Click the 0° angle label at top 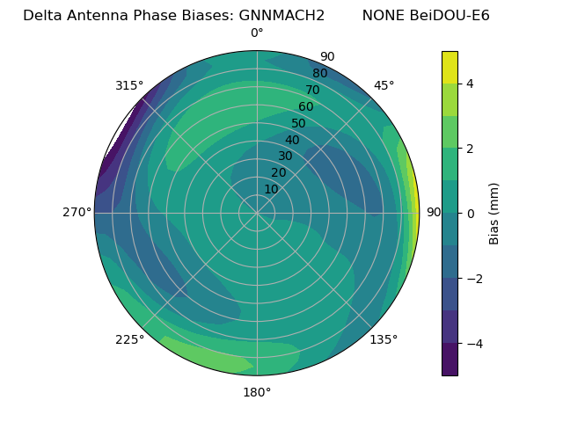click(257, 33)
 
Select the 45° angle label click(384, 85)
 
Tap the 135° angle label click(384, 339)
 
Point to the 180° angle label click(257, 392)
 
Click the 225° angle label click(129, 339)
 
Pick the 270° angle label click(77, 213)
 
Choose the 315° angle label click(129, 85)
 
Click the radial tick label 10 click(271, 189)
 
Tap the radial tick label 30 click(285, 156)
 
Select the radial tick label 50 click(299, 124)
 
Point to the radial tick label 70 click(312, 91)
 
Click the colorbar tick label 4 click(470, 84)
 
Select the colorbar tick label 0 click(470, 214)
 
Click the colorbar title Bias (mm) click(494, 214)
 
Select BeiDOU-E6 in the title click(450, 16)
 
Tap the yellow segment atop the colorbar click(450, 67)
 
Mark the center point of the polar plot click(257, 213)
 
